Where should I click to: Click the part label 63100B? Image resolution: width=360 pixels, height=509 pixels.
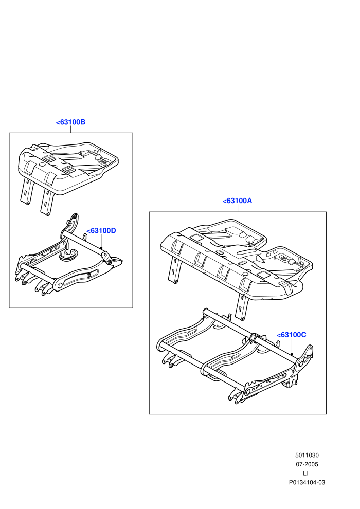(x=70, y=122)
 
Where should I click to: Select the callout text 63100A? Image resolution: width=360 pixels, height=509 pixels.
(x=237, y=201)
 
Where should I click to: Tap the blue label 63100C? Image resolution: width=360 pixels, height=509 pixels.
(x=291, y=335)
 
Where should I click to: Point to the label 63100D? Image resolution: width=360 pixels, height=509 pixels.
(x=101, y=231)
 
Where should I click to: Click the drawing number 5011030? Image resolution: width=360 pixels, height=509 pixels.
(x=307, y=455)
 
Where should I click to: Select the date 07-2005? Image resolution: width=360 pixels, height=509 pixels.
(x=307, y=464)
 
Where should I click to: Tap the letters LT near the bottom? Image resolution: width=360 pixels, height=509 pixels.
(x=306, y=474)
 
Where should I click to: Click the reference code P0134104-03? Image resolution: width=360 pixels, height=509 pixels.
(x=307, y=482)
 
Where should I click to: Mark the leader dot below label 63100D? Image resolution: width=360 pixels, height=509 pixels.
(x=101, y=248)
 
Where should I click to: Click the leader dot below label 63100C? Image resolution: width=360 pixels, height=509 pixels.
(x=292, y=354)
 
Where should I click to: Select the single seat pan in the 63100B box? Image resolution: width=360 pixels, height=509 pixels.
(x=68, y=167)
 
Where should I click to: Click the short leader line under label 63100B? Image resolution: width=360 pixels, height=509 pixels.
(x=70, y=129)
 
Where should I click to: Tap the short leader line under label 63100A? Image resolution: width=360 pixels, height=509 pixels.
(x=238, y=208)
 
